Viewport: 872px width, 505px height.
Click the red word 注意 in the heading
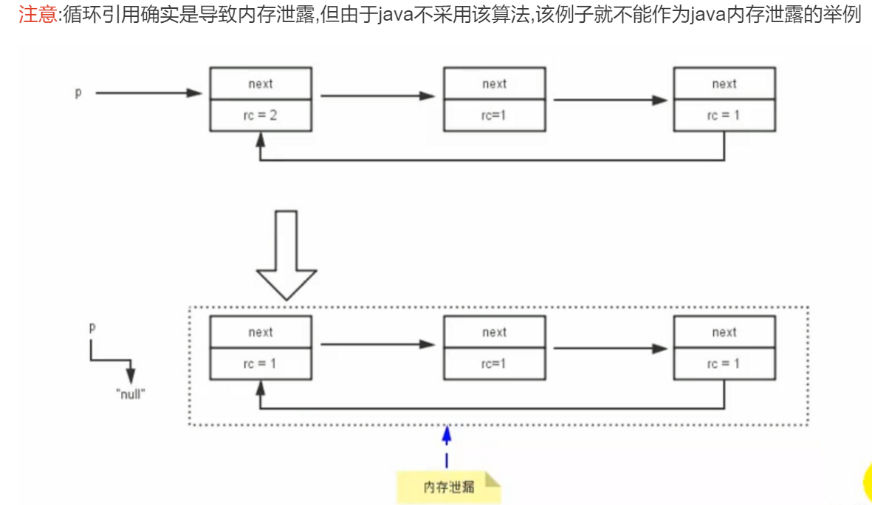38,16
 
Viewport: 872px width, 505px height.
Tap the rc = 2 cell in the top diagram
260,116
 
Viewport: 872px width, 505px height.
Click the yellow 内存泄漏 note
448,487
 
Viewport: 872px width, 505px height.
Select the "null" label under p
131,394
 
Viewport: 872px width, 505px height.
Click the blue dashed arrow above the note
446,447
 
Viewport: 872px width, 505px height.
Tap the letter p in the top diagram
78,94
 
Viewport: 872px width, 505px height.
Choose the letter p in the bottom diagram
92,327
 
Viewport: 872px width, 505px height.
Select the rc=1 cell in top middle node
494,116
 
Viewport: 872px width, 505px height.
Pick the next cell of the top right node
724,83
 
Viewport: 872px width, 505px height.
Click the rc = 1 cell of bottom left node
260,363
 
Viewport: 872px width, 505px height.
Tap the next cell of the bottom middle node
494,331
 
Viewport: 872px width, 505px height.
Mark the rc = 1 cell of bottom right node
724,363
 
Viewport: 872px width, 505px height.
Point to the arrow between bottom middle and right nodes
610,348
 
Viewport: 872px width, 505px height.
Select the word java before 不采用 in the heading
393,16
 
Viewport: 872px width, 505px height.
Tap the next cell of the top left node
260,83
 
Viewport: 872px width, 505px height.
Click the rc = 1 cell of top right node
724,116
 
